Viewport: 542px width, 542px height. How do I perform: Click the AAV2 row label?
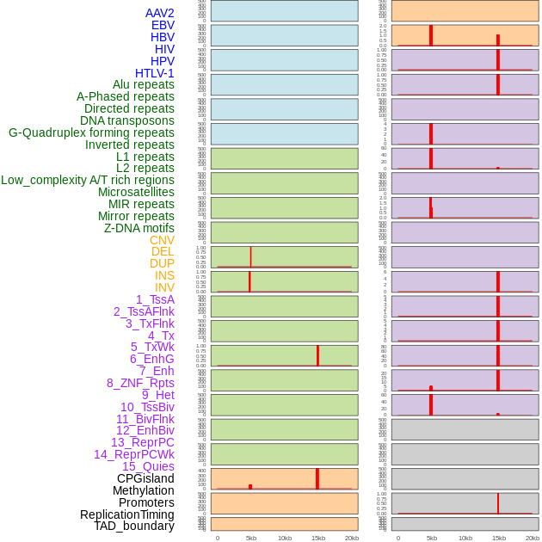[x=159, y=13]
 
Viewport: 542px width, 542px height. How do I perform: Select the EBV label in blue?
[x=163, y=25]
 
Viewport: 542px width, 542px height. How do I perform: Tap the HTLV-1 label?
[x=154, y=73]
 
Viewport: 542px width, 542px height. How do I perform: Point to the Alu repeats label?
[x=143, y=84]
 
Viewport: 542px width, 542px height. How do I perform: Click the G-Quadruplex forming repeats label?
[x=91, y=132]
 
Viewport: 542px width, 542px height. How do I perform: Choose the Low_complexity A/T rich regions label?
[x=87, y=180]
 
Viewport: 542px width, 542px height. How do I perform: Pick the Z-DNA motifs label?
[x=139, y=228]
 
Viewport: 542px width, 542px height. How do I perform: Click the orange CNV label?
[x=162, y=240]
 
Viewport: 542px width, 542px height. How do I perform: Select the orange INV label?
[x=164, y=287]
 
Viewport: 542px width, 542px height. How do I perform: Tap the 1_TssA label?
[x=155, y=299]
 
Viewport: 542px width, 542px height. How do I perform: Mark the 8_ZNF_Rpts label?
[x=140, y=383]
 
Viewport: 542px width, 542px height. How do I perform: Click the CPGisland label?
[x=145, y=478]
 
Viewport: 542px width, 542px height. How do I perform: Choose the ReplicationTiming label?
[x=126, y=514]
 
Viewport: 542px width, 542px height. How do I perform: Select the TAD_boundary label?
[x=133, y=526]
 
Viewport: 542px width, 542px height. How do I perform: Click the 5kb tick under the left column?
[x=251, y=538]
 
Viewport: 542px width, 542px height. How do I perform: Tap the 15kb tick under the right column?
[x=499, y=538]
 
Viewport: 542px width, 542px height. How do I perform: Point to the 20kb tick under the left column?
[x=351, y=538]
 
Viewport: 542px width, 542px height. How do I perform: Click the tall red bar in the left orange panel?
[x=317, y=478]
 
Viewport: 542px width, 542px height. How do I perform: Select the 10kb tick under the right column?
[x=465, y=538]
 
